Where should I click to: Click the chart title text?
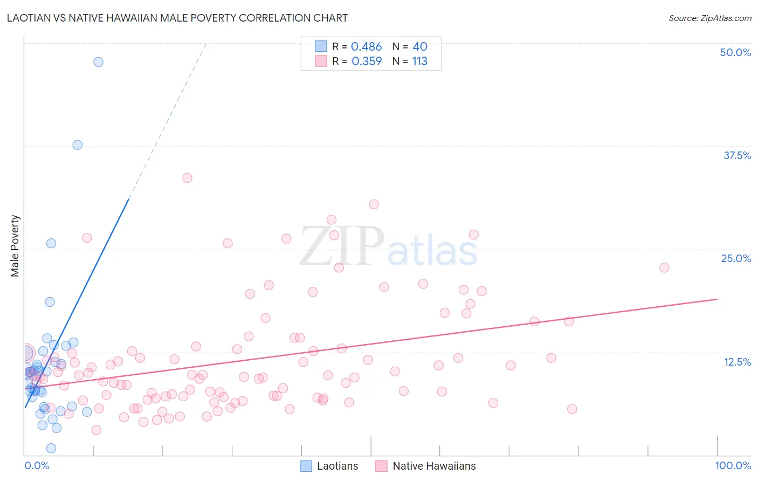(177, 18)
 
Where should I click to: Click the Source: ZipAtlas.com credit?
(709, 18)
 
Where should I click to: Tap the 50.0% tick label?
(735, 52)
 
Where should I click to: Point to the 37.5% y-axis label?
(737, 155)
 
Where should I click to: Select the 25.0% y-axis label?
(736, 258)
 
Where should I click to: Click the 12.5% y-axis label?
(737, 362)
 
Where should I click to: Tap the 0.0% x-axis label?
(37, 465)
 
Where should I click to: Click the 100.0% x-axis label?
(733, 465)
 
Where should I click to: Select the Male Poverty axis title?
(15, 246)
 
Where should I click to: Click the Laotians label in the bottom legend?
(337, 466)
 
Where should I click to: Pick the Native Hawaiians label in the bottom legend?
(434, 466)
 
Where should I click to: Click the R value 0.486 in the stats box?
(366, 47)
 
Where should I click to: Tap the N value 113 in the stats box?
(419, 61)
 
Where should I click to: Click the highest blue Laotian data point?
(98, 62)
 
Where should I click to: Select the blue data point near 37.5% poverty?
(78, 145)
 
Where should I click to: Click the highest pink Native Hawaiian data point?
(187, 178)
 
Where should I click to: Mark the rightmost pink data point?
(664, 268)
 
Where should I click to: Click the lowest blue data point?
(51, 448)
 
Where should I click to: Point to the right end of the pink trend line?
(717, 299)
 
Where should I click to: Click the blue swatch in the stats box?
(321, 46)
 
